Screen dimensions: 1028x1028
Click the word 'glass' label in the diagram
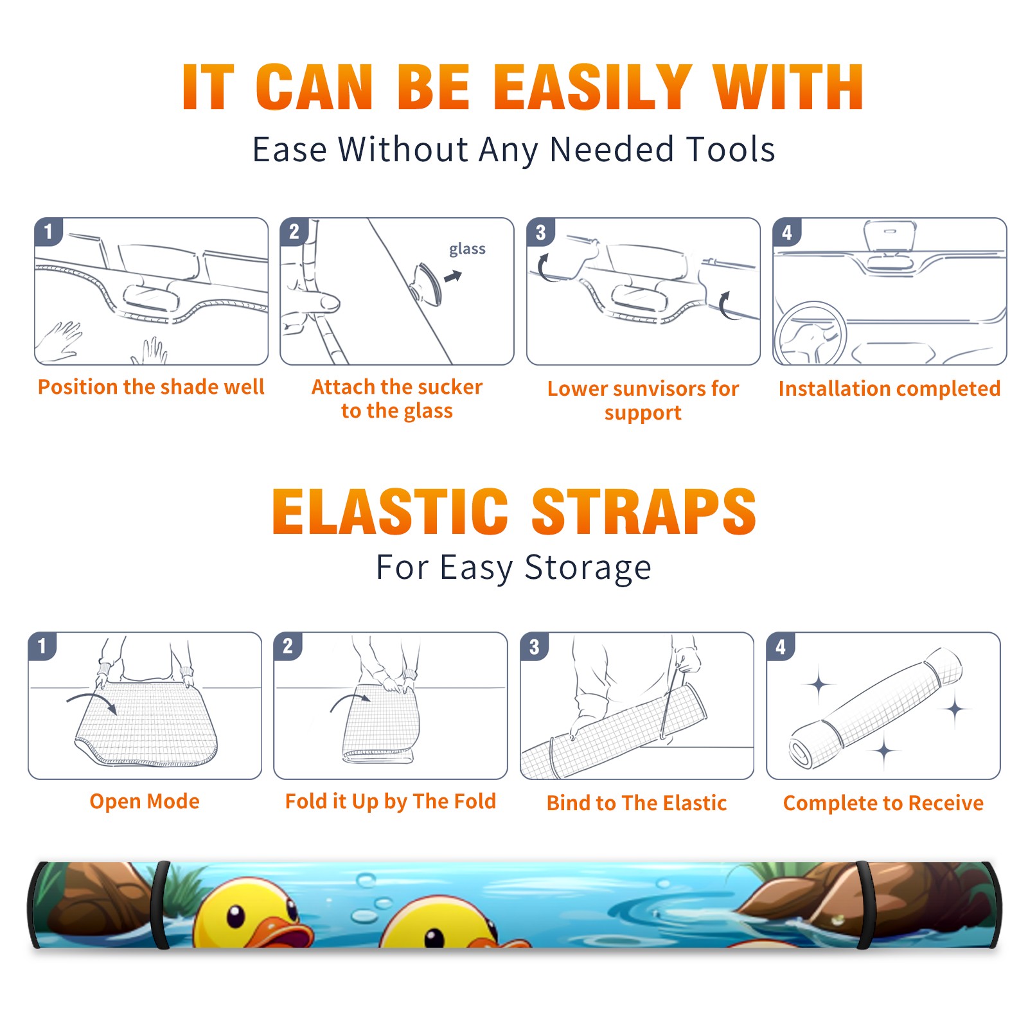(x=467, y=249)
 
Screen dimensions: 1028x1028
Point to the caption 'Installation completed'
(x=889, y=388)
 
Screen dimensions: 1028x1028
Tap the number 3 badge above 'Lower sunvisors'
(x=540, y=232)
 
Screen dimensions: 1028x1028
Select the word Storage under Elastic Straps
(x=588, y=568)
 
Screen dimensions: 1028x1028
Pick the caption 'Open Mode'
(x=145, y=801)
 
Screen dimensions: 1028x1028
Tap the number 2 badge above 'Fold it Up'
(x=288, y=646)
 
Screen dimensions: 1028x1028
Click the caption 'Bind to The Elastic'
(x=637, y=803)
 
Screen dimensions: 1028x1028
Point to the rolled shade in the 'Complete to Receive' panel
(x=876, y=707)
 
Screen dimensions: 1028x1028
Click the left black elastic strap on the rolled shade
(x=159, y=905)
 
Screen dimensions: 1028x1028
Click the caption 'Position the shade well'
(x=151, y=387)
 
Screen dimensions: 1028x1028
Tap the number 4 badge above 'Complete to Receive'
(x=781, y=646)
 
